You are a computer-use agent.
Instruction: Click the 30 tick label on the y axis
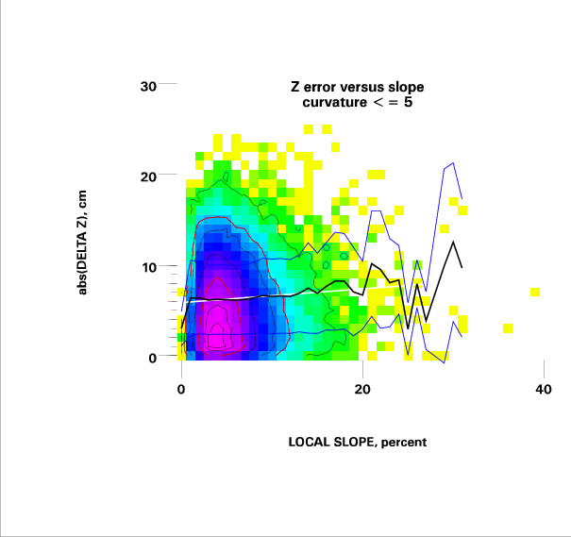[148, 86]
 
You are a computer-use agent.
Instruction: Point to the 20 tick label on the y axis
[148, 176]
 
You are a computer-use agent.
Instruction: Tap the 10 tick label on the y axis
[148, 267]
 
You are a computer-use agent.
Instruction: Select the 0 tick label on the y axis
[152, 358]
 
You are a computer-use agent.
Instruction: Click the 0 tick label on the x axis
[180, 390]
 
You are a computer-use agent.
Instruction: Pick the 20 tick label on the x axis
[361, 390]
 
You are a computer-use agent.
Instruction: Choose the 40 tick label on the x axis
[543, 390]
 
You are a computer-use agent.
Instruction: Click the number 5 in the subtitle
[407, 101]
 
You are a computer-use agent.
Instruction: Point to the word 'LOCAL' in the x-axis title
[310, 441]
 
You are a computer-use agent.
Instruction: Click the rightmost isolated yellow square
[535, 292]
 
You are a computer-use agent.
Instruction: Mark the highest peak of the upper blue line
[453, 162]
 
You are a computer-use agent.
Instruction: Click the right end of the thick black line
[462, 267]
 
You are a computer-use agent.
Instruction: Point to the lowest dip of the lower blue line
[444, 362]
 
